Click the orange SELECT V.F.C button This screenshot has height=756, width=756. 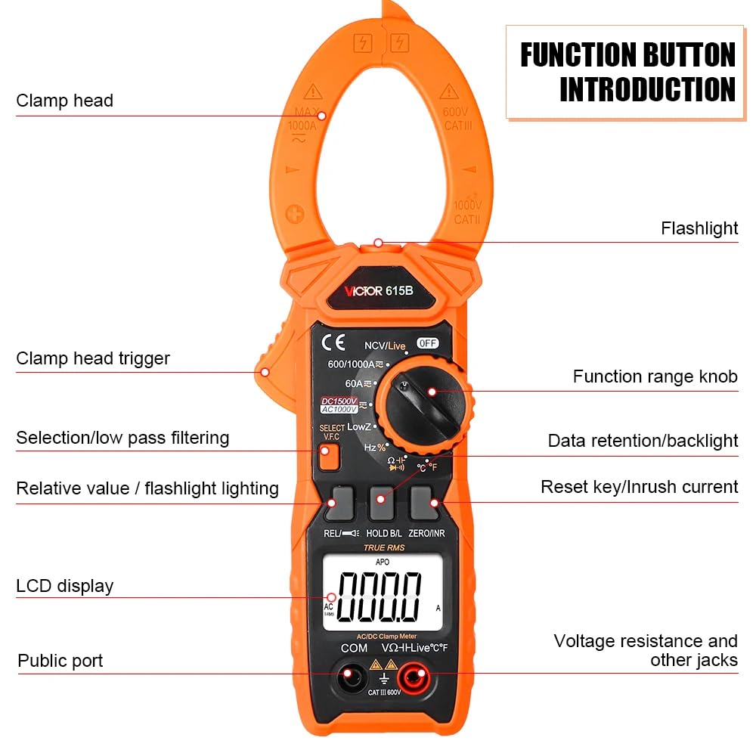(327, 458)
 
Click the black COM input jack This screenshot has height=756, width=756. (350, 677)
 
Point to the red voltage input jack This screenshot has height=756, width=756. (412, 678)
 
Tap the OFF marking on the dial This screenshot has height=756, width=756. (428, 343)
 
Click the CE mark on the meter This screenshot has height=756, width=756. (333, 342)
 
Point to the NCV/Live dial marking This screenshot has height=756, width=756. (385, 345)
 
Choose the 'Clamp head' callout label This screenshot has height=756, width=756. (65, 101)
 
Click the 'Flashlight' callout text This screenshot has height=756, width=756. (699, 228)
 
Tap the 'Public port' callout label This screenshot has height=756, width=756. (60, 661)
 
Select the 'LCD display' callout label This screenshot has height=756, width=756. (65, 586)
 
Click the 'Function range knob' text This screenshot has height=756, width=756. (655, 376)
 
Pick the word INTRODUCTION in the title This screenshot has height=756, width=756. (647, 89)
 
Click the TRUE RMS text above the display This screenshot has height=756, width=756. (384, 547)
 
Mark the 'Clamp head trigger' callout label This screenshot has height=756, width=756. (93, 358)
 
